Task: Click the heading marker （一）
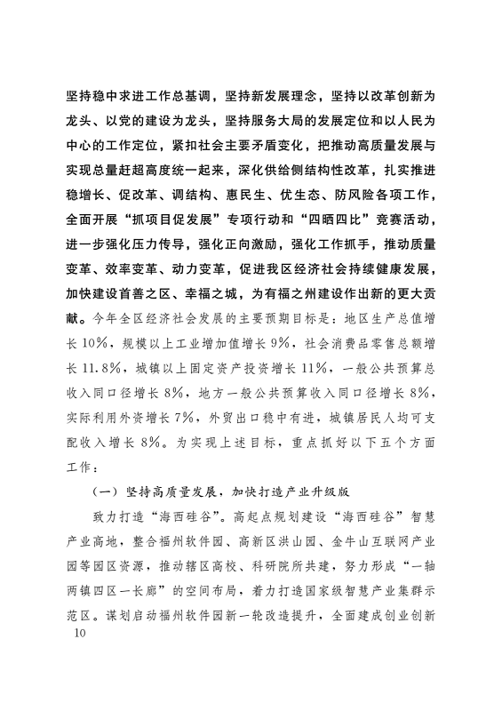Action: (x=108, y=489)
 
